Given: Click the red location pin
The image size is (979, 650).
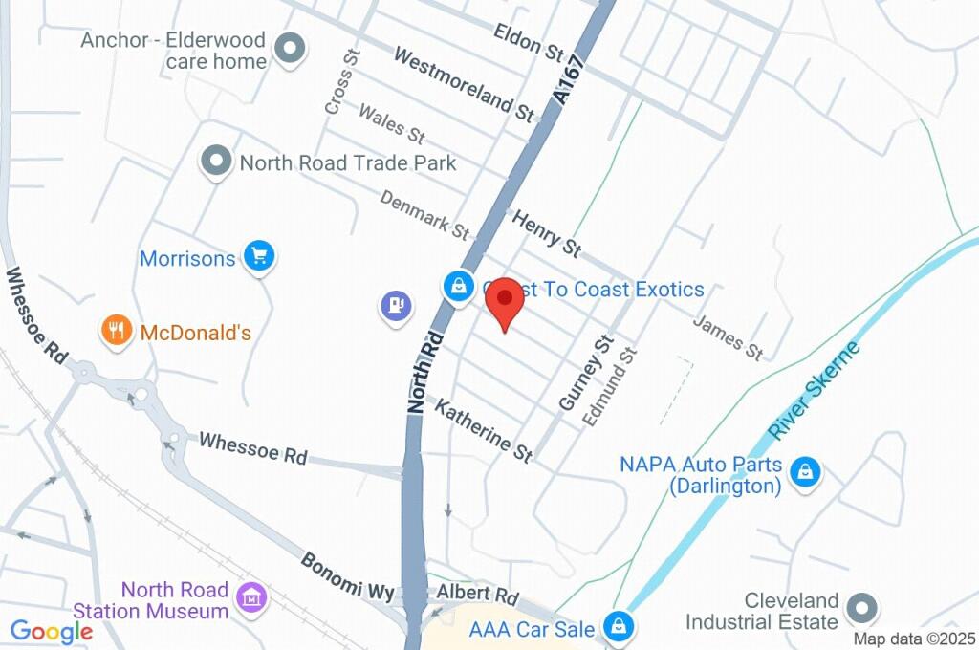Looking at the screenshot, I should (x=505, y=302).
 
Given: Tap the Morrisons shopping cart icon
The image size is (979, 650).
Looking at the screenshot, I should (x=259, y=256).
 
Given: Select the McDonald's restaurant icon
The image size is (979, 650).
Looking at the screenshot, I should (x=117, y=331).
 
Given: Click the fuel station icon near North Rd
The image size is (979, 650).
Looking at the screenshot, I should (x=396, y=306).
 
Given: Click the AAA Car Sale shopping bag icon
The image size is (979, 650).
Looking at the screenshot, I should (x=620, y=627).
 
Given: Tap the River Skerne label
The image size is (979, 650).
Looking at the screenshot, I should (x=814, y=390).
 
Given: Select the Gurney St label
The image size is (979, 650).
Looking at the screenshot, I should (x=584, y=374).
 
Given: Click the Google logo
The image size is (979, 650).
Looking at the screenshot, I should (x=52, y=631).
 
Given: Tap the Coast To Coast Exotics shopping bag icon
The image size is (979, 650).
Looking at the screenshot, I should (x=460, y=285).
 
